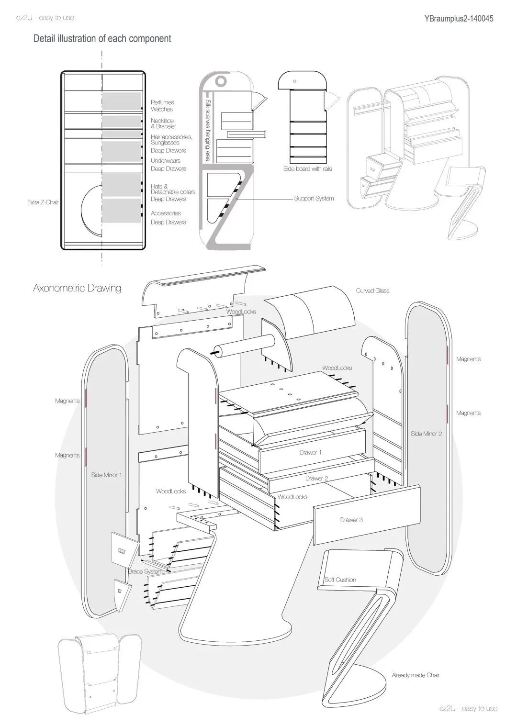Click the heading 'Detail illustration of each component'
102,39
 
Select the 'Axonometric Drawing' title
77,288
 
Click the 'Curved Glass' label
372,290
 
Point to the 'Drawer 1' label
310,452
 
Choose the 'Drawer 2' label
317,478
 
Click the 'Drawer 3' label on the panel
351,520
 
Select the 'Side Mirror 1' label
106,475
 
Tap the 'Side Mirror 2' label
426,434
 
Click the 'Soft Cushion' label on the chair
340,580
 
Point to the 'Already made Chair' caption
416,675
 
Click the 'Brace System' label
145,571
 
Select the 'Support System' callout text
314,198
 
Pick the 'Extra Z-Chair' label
43,202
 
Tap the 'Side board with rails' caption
307,169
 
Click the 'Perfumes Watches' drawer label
162,106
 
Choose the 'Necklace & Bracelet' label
163,123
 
